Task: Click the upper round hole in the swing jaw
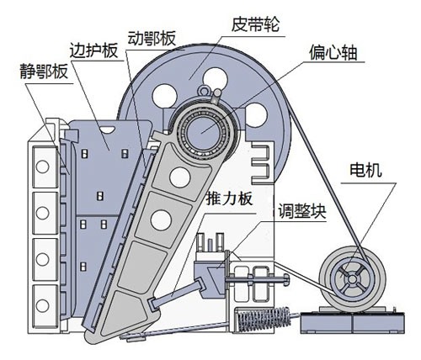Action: click(179, 175)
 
